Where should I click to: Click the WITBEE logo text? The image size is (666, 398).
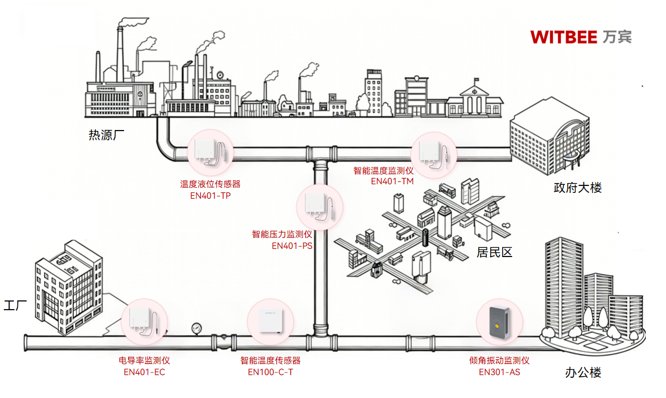click(x=581, y=36)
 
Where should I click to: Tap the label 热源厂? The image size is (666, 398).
click(x=107, y=136)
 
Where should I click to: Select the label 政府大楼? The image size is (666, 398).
click(x=577, y=188)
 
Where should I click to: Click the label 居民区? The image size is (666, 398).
click(x=495, y=252)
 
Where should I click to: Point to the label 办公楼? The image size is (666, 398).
click(x=583, y=373)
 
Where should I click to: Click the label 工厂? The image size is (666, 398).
click(x=16, y=306)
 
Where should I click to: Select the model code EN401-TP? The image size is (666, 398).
click(x=210, y=195)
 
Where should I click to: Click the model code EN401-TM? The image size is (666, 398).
click(x=392, y=181)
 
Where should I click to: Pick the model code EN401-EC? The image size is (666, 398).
click(x=144, y=372)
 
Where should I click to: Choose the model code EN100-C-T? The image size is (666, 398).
click(x=271, y=372)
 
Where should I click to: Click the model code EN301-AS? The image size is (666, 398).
click(x=499, y=372)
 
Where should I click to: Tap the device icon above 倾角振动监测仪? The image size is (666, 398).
click(x=499, y=322)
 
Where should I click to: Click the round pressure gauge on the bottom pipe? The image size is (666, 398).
click(x=198, y=328)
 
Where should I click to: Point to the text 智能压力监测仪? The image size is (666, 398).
click(x=282, y=235)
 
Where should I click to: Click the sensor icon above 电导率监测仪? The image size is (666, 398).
click(x=144, y=322)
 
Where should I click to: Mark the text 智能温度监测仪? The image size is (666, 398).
click(x=384, y=170)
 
